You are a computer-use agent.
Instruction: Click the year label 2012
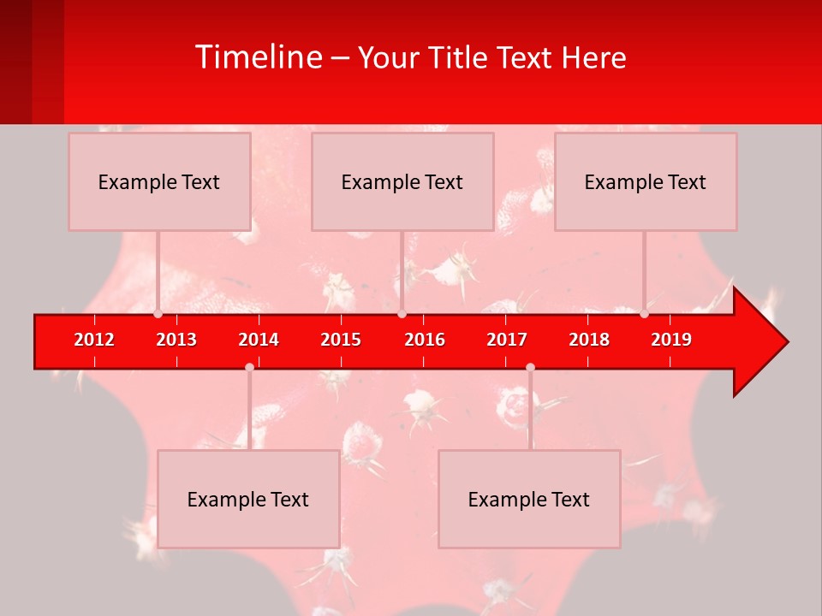tap(94, 340)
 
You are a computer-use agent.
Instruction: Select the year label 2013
tap(176, 340)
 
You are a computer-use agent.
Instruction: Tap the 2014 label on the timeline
tap(259, 340)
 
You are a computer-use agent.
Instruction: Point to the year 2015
tap(341, 340)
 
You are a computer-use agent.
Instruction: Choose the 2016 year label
tap(425, 340)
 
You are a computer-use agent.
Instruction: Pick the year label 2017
tap(507, 340)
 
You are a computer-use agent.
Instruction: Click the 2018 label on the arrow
tap(589, 340)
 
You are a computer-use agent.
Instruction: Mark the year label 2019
tap(671, 340)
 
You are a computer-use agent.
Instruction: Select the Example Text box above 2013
tap(159, 181)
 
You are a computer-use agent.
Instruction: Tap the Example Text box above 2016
tap(402, 181)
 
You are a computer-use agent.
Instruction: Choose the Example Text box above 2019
tap(646, 181)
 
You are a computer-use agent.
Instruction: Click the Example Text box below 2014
tap(248, 499)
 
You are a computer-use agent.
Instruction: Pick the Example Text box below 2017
tap(529, 499)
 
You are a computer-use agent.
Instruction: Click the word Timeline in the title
tap(257, 57)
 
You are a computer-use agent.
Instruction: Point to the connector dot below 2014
tap(249, 367)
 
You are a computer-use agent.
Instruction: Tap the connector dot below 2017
tap(530, 367)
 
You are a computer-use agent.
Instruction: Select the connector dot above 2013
tap(158, 314)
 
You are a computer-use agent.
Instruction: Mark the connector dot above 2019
tap(645, 314)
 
